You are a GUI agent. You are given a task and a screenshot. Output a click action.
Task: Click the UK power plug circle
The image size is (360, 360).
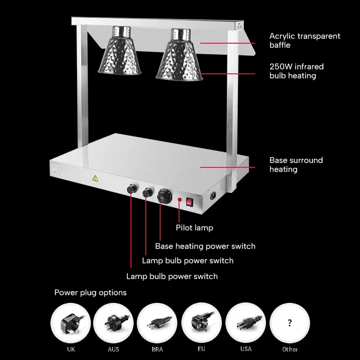coord(71,323)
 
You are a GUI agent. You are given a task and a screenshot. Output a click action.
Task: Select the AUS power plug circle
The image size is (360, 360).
coord(114,323)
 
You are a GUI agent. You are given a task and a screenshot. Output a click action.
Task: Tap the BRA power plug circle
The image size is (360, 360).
coord(157,323)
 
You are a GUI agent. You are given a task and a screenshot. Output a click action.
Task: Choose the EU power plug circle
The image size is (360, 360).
coord(202,323)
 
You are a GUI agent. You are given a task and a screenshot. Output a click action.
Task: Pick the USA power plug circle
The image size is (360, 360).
coord(245,323)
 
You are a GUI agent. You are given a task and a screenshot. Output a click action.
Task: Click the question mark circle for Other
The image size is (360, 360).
coord(289,323)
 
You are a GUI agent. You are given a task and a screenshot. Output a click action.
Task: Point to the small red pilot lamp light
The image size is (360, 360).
coord(180,199)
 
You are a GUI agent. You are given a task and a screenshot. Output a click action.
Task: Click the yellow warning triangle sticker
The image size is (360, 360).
coord(95,179)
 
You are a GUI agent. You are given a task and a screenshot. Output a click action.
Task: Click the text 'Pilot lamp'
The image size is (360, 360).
coord(194,228)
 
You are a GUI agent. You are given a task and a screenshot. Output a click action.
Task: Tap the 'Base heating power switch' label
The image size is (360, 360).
coord(205,246)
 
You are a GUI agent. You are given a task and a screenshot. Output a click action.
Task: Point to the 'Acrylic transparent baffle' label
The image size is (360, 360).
coord(305,40)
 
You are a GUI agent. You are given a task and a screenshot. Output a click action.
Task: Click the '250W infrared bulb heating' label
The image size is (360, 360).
coord(297,71)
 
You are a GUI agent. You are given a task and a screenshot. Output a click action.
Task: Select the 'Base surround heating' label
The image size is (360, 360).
coord(296,165)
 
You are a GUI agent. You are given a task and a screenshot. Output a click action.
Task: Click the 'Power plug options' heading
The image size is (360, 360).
coord(90,292)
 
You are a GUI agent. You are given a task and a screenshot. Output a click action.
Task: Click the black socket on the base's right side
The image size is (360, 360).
coord(213,196)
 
